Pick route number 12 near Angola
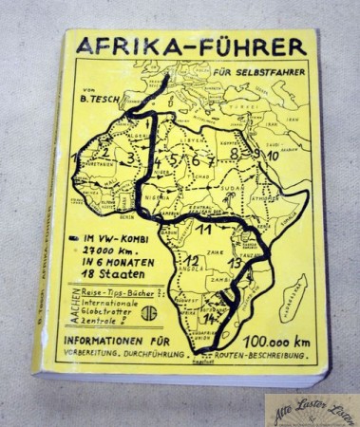(192, 262)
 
